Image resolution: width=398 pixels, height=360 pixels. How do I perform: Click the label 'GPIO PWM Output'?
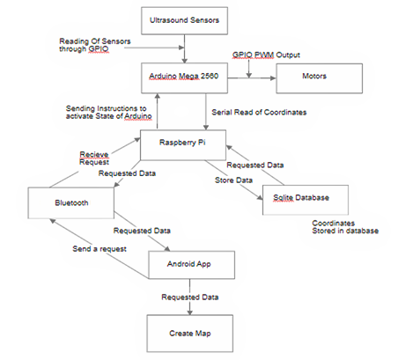266,55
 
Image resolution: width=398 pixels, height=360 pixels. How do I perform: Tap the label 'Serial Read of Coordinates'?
259,113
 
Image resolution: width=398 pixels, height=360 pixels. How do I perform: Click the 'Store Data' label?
233,180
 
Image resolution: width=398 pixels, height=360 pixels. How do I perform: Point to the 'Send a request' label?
99,249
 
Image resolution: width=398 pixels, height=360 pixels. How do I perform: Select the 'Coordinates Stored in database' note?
345,227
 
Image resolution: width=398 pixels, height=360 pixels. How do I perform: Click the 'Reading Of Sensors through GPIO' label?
95,45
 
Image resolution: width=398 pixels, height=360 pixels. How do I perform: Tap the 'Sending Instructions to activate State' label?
109,113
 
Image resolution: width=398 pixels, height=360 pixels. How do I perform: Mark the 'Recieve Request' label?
94,158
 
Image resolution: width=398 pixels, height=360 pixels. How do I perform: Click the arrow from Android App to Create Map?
189,297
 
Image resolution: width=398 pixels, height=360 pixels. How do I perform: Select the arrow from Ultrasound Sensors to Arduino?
184,48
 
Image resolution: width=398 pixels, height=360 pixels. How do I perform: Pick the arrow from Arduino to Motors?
252,78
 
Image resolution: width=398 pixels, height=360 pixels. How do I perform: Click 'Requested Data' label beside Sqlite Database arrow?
255,165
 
